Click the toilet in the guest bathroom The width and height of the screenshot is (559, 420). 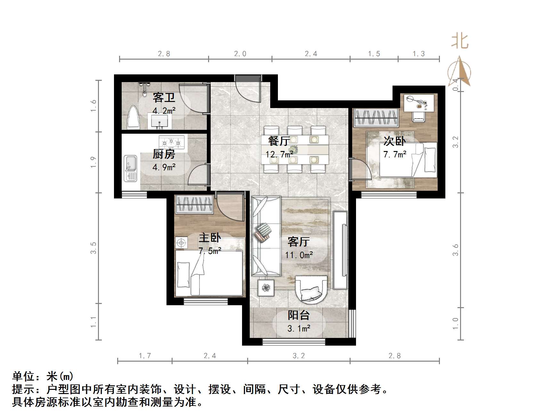coord(134,118)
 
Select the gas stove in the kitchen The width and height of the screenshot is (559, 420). coord(172,142)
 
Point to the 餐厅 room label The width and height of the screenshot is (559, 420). coord(279,141)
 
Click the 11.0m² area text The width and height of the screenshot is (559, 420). coord(299,255)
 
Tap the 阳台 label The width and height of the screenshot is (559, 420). coord(299,315)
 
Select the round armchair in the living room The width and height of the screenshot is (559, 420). coord(311,289)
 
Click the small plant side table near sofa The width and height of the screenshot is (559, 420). coord(266,288)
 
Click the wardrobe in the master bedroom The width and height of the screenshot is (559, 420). coord(194,204)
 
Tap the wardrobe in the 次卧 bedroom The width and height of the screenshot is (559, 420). coord(376,118)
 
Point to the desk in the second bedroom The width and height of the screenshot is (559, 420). coord(418,103)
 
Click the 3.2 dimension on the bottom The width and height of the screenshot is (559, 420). coord(299,356)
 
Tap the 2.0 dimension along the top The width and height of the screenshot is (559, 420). coord(240,54)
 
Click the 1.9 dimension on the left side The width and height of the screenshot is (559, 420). coord(93,162)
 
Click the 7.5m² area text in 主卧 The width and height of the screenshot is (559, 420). coord(210,251)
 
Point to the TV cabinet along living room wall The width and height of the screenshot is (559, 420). coord(340,250)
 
